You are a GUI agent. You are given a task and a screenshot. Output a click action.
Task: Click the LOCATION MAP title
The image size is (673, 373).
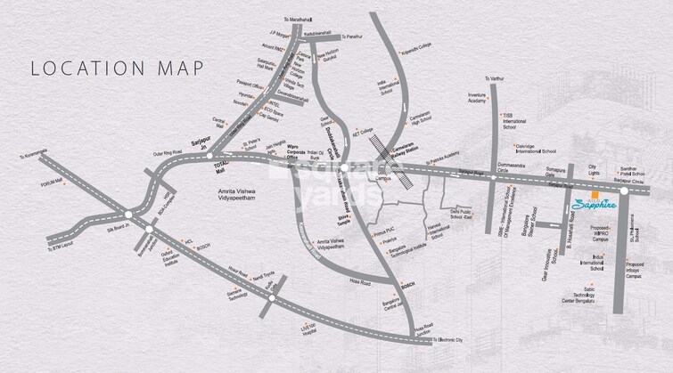tap(117, 68)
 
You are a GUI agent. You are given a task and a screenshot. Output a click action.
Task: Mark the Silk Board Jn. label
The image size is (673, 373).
tap(113, 227)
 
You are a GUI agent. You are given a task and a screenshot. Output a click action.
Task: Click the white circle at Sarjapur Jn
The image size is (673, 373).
tap(209, 157)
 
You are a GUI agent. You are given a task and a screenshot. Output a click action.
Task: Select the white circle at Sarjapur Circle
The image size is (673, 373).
tap(624, 191)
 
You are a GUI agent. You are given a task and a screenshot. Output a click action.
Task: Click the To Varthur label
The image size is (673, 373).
tap(493, 80)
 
